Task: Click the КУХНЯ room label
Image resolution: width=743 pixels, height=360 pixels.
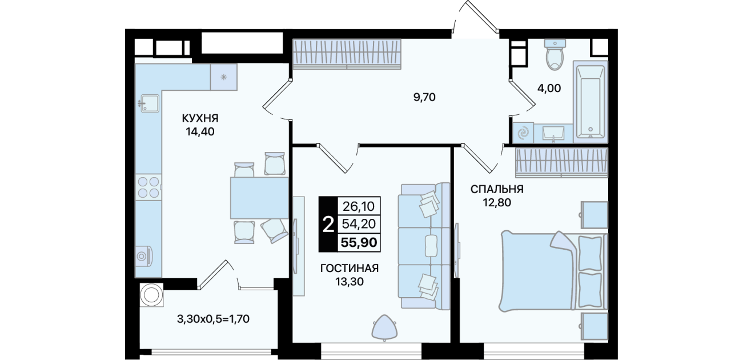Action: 200,118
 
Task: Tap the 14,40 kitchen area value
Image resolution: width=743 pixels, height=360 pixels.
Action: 200,132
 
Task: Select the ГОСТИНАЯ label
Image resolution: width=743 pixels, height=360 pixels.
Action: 350,268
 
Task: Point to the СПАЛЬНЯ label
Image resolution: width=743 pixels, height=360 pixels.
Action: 497,189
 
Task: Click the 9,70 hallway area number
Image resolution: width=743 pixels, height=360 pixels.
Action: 424,97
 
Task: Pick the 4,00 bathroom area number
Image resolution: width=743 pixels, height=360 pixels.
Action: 549,88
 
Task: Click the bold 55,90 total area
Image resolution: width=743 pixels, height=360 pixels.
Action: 359,242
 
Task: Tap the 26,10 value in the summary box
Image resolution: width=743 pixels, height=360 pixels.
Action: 359,206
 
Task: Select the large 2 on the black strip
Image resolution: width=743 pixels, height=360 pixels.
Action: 328,225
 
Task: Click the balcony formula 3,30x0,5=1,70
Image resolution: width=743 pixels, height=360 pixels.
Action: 213,319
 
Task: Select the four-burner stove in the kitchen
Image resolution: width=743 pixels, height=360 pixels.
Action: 148,187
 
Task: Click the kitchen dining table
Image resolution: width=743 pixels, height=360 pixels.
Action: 259,198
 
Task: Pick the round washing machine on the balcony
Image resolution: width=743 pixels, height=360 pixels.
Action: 151,295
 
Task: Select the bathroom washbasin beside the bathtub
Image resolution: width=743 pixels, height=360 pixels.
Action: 553,134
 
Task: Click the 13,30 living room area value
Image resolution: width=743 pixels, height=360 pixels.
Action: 350,282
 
